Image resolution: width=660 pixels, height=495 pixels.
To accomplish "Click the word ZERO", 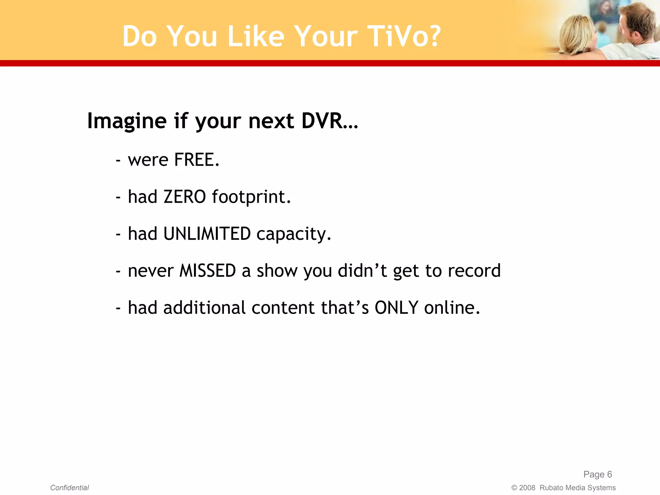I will click(x=184, y=197).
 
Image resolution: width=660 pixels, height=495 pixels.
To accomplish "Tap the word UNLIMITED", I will click(x=207, y=234).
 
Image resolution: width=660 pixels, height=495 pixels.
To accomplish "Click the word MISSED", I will click(x=208, y=271).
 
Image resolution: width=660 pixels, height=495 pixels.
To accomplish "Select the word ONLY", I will click(x=396, y=308).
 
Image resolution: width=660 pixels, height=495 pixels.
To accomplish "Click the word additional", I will click(x=205, y=308).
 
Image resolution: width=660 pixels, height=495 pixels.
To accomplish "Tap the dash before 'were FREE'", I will click(x=118, y=160).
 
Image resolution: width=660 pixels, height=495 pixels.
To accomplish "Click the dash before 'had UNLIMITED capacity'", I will click(x=118, y=234).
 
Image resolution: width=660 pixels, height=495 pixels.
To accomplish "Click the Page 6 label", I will click(x=597, y=474).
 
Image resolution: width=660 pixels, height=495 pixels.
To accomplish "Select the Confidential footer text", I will click(x=70, y=488).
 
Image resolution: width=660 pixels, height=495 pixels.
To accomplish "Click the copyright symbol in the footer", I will click(x=514, y=488).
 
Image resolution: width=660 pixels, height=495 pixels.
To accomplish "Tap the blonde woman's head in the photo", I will click(x=577, y=34).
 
